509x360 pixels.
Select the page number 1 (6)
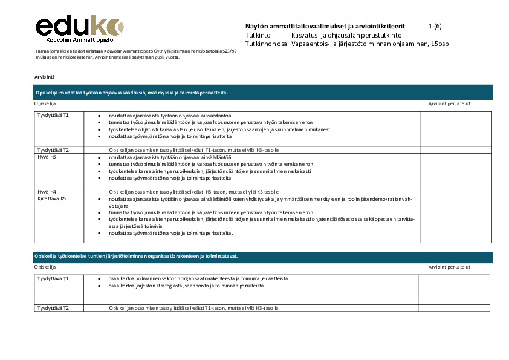pyautogui.click(x=435, y=27)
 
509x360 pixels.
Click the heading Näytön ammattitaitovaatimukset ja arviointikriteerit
pyautogui.click(x=325, y=27)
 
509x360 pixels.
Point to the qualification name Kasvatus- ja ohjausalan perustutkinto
pyautogui.click(x=342, y=35)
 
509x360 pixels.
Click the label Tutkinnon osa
pyautogui.click(x=266, y=44)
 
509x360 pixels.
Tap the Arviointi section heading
pyautogui.click(x=44, y=77)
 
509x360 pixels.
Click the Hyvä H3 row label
pyautogui.click(x=47, y=157)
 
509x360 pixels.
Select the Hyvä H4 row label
pyautogui.click(x=47, y=191)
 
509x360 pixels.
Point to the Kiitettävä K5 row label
pyautogui.click(x=51, y=198)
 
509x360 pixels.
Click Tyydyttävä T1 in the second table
pyautogui.click(x=53, y=278)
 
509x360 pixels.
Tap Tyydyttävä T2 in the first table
pyautogui.click(x=53, y=149)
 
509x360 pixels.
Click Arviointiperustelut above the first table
pyautogui.click(x=449, y=103)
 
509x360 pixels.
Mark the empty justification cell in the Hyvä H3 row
pyautogui.click(x=456, y=170)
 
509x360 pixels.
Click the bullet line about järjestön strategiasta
pyautogui.click(x=186, y=285)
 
